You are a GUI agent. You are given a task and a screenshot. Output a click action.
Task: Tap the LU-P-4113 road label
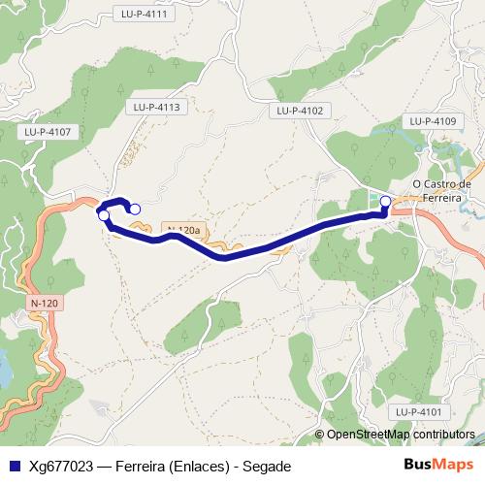158,107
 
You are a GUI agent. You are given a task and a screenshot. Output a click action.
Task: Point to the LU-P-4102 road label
299,111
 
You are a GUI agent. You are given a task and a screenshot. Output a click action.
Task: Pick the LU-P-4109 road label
433,120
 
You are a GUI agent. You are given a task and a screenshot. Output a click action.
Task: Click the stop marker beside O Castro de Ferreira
385,201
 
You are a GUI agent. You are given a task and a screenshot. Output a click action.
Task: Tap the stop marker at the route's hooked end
135,209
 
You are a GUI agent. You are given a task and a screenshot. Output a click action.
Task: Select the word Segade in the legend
267,466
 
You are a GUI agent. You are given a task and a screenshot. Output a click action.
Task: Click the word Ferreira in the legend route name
142,466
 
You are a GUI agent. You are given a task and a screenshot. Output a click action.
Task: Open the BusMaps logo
434,465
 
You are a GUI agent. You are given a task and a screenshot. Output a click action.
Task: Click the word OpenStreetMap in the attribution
369,435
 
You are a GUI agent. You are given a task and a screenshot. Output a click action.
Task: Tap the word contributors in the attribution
443,435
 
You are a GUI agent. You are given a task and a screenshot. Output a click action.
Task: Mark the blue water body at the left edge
5,367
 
